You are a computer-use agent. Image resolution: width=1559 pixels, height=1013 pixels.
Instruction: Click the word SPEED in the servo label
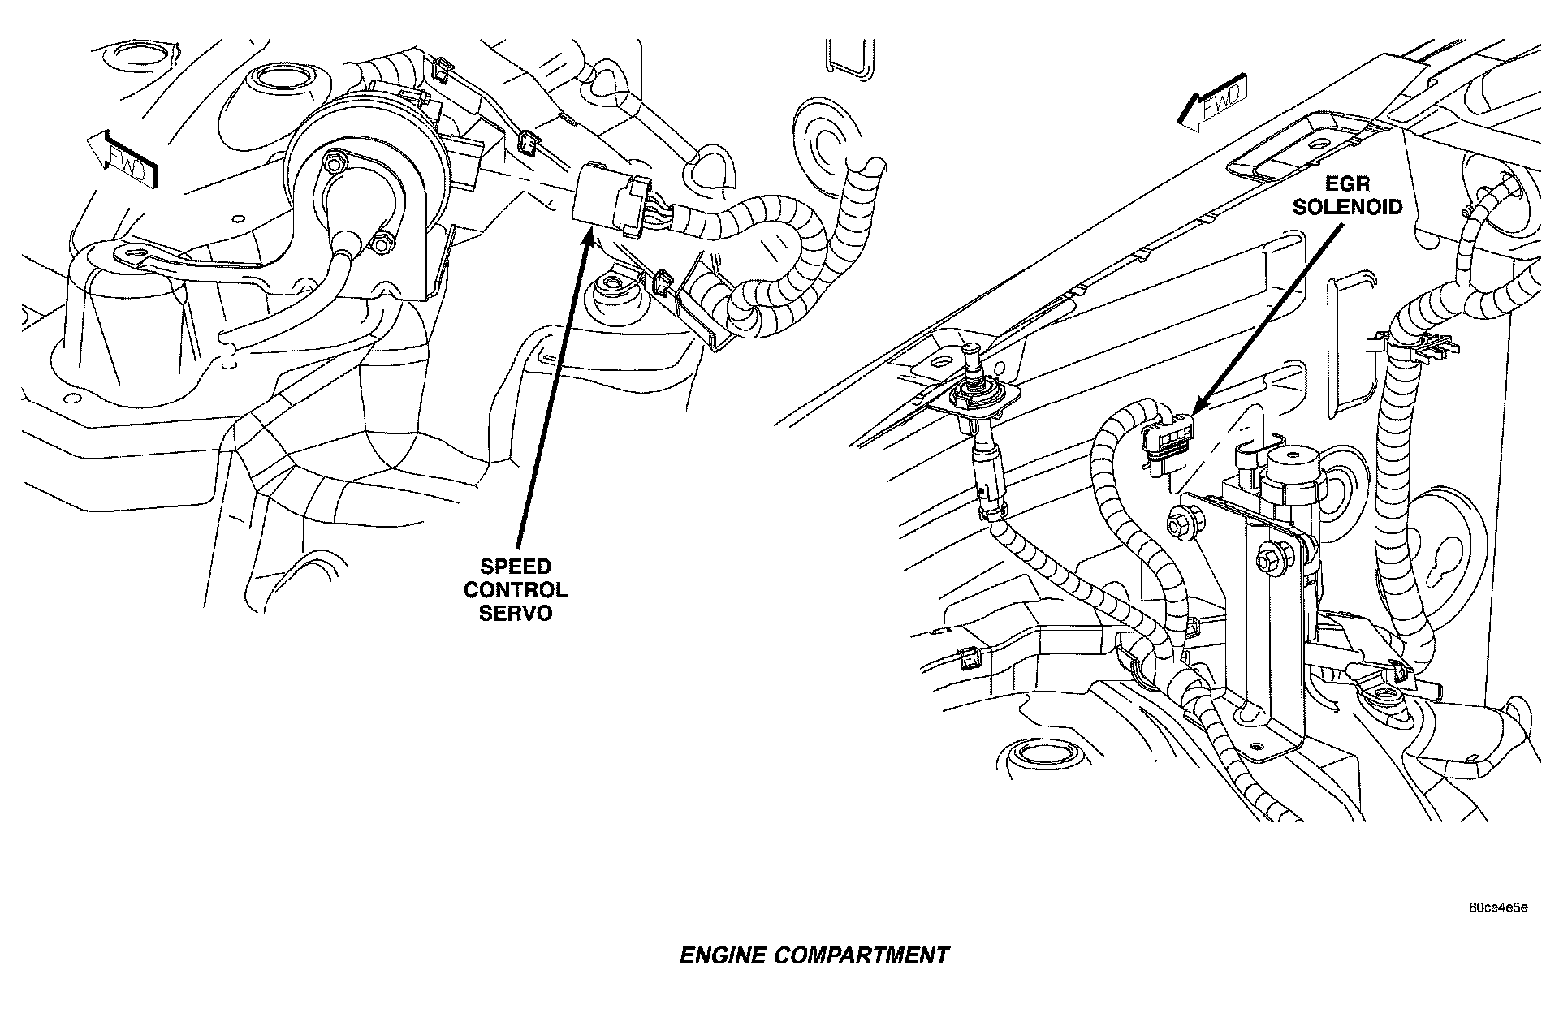515,567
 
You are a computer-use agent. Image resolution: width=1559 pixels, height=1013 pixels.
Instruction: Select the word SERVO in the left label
515,613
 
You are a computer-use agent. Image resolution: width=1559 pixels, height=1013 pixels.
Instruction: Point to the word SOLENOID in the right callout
1347,207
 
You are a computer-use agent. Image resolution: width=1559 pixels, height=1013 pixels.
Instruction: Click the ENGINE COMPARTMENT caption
814,955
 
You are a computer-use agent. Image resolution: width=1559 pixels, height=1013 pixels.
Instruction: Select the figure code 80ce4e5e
1497,907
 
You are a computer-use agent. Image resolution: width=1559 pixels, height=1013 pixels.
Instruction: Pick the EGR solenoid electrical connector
1166,445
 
